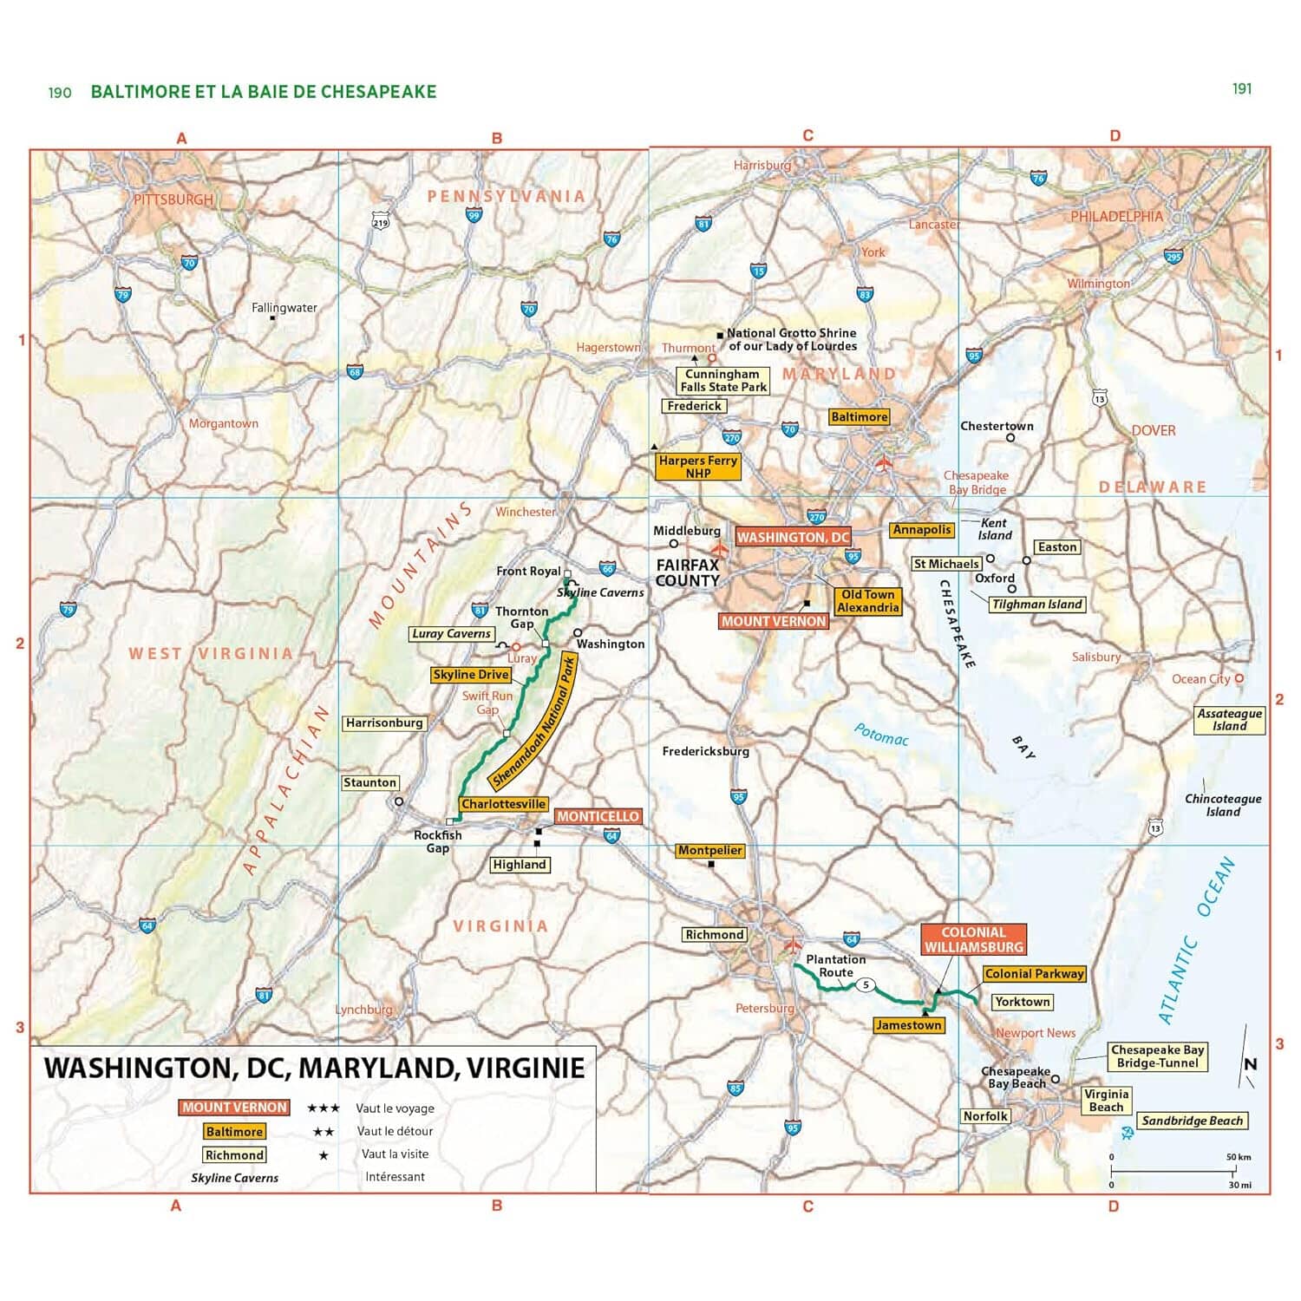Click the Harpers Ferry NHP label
pyautogui.click(x=697, y=467)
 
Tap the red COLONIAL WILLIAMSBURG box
pyautogui.click(x=973, y=939)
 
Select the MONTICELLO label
pyautogui.click(x=598, y=816)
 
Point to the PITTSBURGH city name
pyautogui.click(x=173, y=199)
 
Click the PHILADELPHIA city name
pyautogui.click(x=1115, y=216)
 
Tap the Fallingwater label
pyautogui.click(x=284, y=308)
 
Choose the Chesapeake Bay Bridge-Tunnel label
pyautogui.click(x=1157, y=1056)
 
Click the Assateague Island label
pyautogui.click(x=1229, y=720)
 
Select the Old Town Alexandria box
pyautogui.click(x=867, y=601)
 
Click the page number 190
pyautogui.click(x=60, y=93)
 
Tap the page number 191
pyautogui.click(x=1242, y=88)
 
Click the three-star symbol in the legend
pyautogui.click(x=323, y=1108)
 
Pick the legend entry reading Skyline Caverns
pyautogui.click(x=234, y=1178)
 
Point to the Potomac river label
pyautogui.click(x=880, y=735)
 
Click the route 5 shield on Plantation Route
pyautogui.click(x=865, y=985)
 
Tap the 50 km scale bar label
pyautogui.click(x=1239, y=1157)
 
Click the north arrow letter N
pyautogui.click(x=1250, y=1064)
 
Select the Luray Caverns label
pyautogui.click(x=451, y=634)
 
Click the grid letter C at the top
pyautogui.click(x=807, y=136)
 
